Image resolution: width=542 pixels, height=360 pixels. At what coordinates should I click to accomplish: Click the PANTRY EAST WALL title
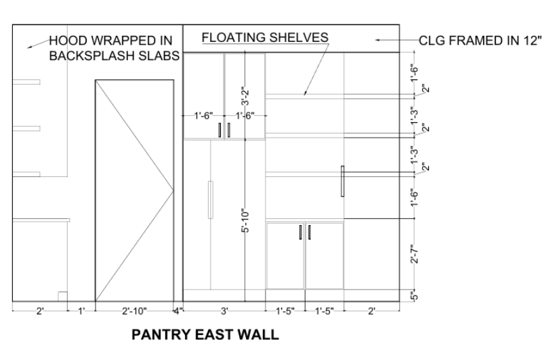(205, 334)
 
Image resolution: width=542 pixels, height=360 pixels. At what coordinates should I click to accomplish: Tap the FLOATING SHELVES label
(265, 37)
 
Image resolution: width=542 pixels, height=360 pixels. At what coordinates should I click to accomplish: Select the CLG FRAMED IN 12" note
(480, 41)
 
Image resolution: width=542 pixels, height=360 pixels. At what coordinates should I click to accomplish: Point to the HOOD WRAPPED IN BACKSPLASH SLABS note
(114, 48)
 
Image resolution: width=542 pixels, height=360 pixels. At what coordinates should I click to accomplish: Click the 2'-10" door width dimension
(134, 311)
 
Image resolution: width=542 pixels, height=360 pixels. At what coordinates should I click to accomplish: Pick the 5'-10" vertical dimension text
(245, 220)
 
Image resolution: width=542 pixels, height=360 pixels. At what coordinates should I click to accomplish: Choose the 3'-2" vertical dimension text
(245, 96)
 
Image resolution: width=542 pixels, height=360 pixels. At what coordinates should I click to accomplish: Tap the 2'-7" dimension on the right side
(415, 254)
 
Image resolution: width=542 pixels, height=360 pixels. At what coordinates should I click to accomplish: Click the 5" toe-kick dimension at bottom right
(415, 296)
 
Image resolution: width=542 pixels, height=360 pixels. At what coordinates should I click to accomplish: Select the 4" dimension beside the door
(178, 311)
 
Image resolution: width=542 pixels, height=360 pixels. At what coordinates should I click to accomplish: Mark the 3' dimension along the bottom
(224, 311)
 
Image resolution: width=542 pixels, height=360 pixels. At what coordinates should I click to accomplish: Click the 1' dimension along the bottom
(81, 311)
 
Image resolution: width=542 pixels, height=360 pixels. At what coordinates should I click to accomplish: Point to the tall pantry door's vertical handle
(211, 200)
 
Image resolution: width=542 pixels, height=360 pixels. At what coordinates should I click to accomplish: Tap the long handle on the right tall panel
(343, 181)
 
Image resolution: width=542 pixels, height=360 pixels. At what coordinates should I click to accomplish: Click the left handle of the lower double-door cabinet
(301, 232)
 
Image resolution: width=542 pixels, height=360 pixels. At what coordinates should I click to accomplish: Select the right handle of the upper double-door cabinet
(229, 130)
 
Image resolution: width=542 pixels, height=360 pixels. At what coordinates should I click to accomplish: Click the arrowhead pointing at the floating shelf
(305, 93)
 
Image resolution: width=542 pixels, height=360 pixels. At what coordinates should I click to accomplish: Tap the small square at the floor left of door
(62, 296)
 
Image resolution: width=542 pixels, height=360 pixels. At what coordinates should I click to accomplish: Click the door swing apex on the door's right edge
(173, 191)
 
